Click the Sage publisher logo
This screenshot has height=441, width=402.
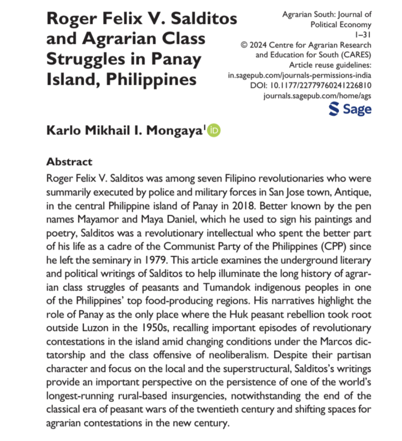(x=350, y=109)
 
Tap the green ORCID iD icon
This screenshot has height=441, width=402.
(x=215, y=130)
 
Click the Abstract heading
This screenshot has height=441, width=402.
(x=70, y=162)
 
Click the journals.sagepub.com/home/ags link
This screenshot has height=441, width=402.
(x=317, y=96)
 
